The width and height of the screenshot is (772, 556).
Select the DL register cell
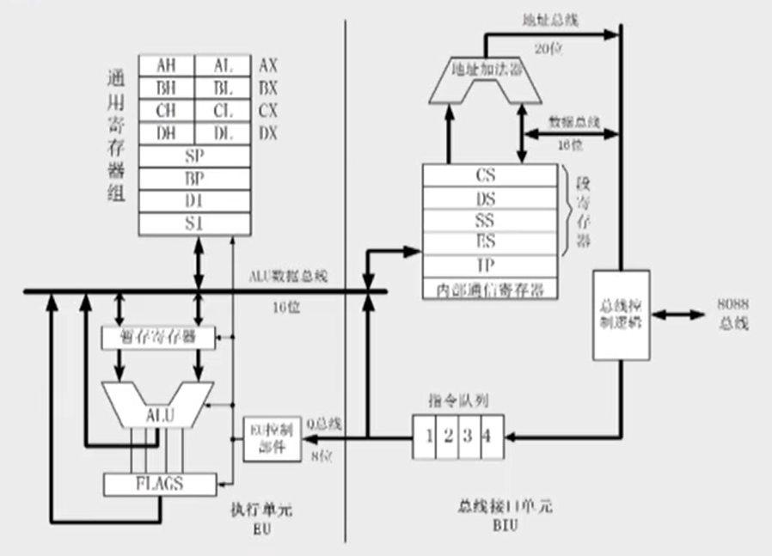tap(223, 133)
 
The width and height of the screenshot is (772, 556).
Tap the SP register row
tap(194, 156)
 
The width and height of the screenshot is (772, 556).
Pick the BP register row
tap(194, 179)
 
